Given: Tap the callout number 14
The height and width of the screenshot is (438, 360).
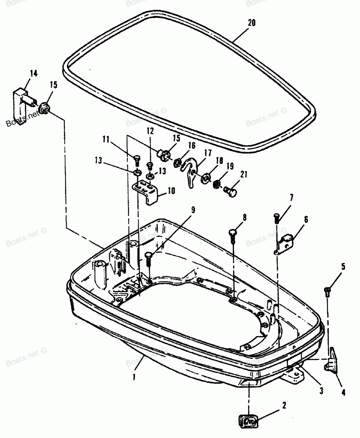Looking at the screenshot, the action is click(33, 74).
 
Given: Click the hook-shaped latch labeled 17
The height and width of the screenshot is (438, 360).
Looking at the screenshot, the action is click(190, 173).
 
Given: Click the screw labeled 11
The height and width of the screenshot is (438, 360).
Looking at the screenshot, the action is click(136, 159).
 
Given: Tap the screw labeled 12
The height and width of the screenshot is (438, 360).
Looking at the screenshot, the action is click(150, 165).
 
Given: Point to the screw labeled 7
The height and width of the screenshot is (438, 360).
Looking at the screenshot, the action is click(276, 217).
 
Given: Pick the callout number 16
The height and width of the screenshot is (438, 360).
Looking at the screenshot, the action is click(192, 145).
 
